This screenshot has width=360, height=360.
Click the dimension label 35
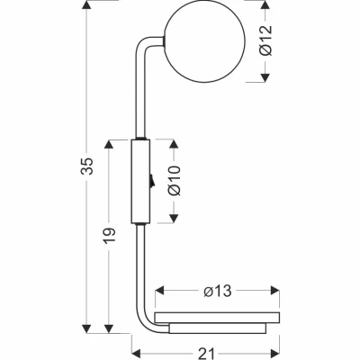point(88,166)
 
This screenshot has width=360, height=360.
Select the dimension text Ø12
point(265,40)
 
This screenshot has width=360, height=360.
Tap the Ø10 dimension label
point(175,181)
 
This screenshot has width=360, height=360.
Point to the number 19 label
point(110,236)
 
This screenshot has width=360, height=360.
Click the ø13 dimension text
point(218,291)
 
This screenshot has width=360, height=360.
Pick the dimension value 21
point(207,354)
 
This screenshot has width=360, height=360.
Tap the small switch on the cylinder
point(152,181)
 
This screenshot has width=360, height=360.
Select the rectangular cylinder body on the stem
point(140,182)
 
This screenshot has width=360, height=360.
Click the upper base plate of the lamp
point(217,318)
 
